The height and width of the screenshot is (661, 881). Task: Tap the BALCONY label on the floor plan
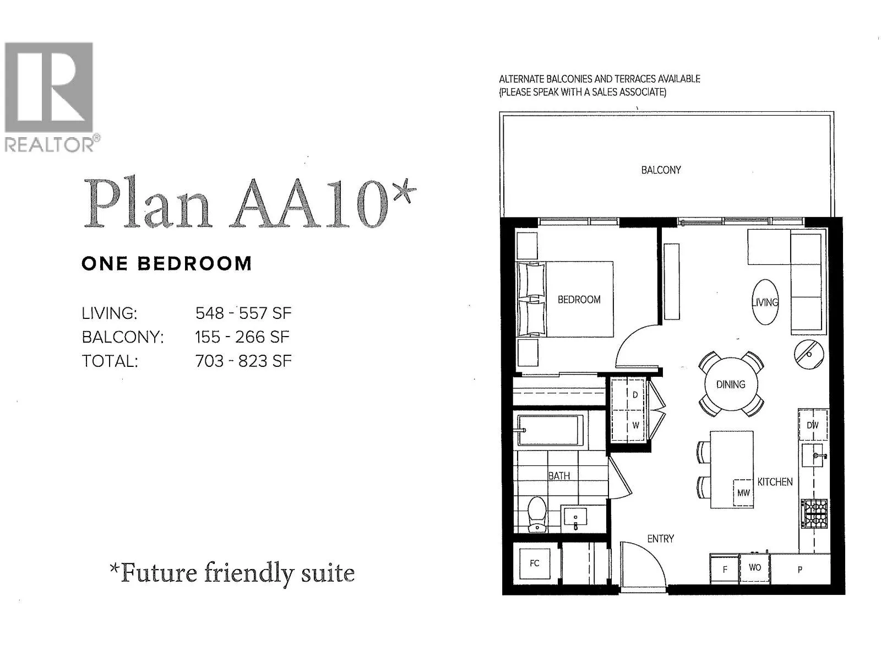[661, 170]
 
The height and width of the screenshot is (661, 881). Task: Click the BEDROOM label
[579, 300]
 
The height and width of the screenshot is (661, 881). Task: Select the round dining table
[731, 384]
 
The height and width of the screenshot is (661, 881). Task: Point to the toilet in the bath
[536, 515]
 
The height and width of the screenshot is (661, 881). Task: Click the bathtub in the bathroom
[550, 430]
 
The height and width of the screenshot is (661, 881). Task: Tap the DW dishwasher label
[812, 425]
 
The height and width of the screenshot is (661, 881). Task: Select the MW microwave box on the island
[743, 492]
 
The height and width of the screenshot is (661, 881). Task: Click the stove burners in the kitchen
[814, 513]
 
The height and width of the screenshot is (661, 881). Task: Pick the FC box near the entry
[534, 563]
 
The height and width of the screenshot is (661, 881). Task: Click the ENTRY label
[660, 539]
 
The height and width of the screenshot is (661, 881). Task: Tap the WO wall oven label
[754, 567]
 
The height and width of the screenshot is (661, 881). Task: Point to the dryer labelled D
[635, 395]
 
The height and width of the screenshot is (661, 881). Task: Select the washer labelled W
[635, 425]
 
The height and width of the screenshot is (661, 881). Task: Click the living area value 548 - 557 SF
[243, 313]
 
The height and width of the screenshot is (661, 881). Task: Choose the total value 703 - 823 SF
[243, 361]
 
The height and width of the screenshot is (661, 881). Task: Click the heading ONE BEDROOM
[166, 263]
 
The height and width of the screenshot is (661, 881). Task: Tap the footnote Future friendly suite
[232, 573]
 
